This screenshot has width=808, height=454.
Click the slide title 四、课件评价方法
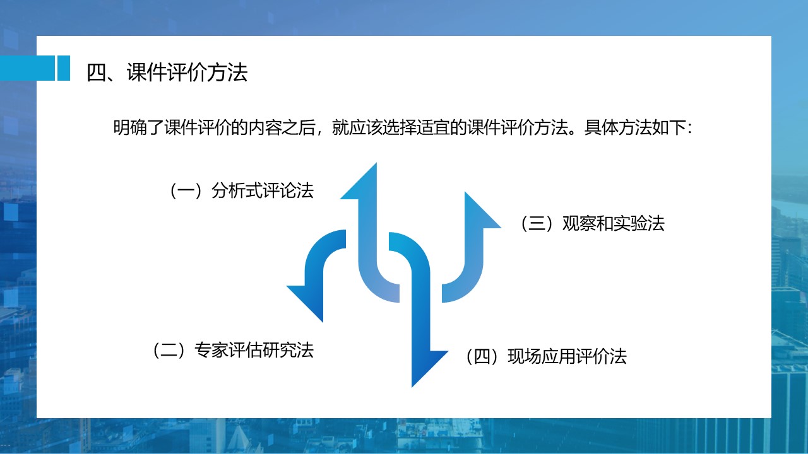click(x=167, y=73)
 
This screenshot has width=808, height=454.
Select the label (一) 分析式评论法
click(x=241, y=190)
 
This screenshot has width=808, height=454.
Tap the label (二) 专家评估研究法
click(x=233, y=350)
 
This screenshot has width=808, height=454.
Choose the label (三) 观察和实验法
click(x=592, y=223)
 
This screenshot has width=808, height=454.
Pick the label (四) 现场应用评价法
click(x=546, y=356)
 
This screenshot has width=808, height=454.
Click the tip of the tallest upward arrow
click(x=376, y=163)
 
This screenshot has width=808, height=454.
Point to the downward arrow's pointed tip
click(x=412, y=387)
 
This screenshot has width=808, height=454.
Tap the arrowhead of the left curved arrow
click(x=305, y=304)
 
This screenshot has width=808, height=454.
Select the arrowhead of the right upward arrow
click(x=483, y=210)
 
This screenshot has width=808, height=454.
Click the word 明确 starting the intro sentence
click(x=130, y=127)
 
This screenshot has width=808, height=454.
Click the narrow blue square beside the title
click(x=64, y=68)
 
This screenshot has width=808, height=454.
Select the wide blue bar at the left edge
click(x=27, y=68)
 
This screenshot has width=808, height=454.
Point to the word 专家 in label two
click(x=211, y=350)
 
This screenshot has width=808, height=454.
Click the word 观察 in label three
click(x=579, y=223)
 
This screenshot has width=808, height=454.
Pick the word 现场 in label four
click(x=525, y=356)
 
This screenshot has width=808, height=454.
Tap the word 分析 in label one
click(x=229, y=190)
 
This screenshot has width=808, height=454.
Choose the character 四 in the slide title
click(x=97, y=73)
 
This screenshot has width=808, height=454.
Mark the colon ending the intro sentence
click(x=690, y=129)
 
